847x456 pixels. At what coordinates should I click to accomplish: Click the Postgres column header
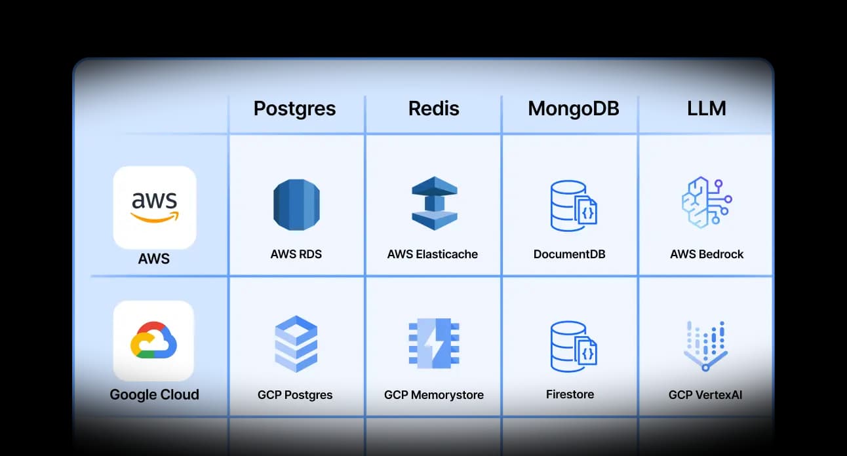coord(294,108)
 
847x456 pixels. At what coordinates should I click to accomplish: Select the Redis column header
coord(433,108)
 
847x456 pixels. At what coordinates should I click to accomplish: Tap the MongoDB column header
coord(573,108)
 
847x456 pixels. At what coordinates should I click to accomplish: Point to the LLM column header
coord(706,108)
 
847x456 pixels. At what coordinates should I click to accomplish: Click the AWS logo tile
coord(155,207)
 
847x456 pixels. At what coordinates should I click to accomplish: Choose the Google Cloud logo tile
coord(154,341)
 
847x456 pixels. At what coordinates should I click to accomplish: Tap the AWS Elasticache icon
coord(433,204)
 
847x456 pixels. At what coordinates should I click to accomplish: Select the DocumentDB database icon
coord(572,206)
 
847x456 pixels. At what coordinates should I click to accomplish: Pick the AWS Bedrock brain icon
coord(706,202)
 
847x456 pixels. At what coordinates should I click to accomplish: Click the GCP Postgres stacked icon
coord(296,343)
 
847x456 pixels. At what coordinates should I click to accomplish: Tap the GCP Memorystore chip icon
coord(433,343)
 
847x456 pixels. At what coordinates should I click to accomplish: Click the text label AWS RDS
coord(296,254)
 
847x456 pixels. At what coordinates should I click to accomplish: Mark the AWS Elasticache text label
coord(433,254)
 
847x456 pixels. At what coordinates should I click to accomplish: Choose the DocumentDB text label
coord(569,254)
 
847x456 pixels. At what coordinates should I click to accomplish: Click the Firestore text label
coord(570,394)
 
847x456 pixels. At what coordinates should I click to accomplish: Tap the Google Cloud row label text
coord(154,394)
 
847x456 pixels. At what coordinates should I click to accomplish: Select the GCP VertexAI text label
coord(705,395)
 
